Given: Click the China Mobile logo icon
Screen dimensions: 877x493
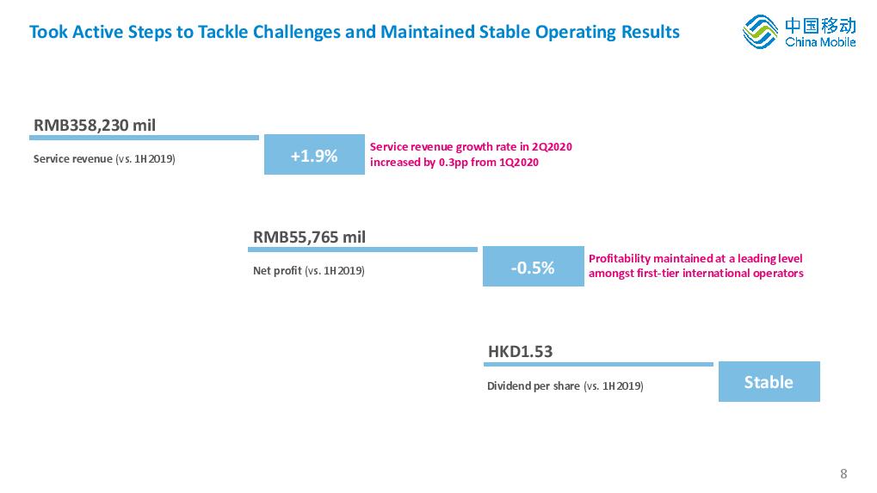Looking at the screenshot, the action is (760, 32).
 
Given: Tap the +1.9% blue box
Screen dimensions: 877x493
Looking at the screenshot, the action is (314, 154).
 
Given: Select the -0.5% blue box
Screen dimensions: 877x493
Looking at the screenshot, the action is (533, 266).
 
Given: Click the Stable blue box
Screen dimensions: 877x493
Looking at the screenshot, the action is (769, 381).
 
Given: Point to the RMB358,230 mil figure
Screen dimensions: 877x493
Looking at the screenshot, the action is (95, 126).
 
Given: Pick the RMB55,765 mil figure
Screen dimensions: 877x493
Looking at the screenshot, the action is (309, 237).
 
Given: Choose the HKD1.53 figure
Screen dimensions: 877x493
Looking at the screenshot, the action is (520, 352).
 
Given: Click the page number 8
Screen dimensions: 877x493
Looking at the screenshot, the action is (843, 474).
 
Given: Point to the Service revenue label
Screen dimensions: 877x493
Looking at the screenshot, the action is (72, 159).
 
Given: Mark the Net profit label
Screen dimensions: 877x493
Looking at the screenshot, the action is (277, 270).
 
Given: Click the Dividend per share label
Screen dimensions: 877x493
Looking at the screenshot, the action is (533, 385).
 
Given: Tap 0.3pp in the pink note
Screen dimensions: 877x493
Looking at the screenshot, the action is (453, 163).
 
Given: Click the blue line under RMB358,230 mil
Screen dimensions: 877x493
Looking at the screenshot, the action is (144, 138).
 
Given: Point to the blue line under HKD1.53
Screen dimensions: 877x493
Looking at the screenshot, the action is (598, 365).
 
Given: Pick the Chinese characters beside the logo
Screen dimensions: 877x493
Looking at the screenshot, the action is (820, 26).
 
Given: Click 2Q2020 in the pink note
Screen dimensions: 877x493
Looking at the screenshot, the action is (552, 147).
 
